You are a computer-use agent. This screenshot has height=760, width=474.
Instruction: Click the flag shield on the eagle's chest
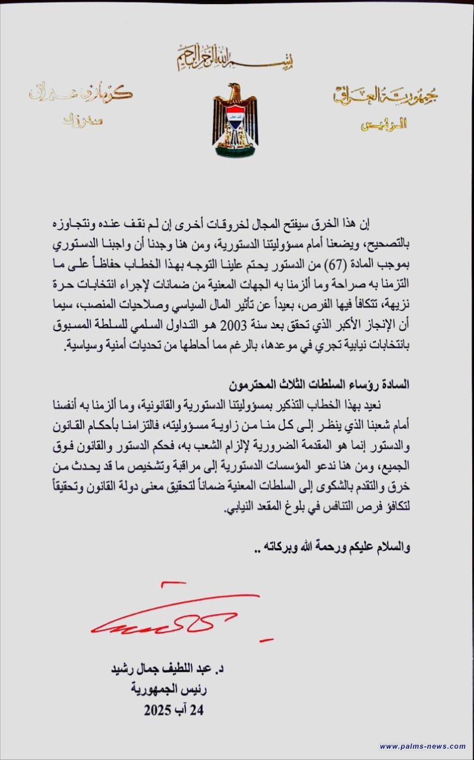click(235, 117)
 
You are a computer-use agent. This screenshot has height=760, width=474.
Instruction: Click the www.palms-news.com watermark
click(422, 746)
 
